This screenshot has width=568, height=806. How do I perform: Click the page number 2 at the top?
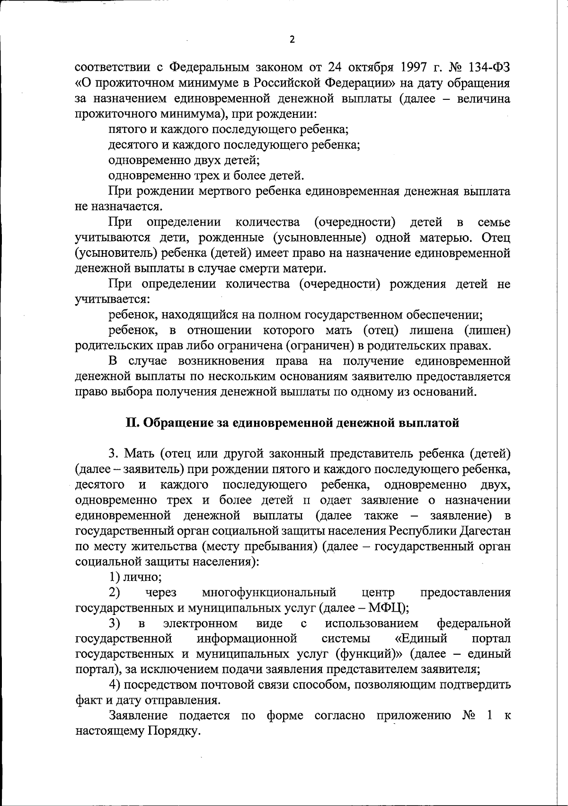coord(292,40)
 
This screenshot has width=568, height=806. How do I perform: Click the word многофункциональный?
coord(269,593)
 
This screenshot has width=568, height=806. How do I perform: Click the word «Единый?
coord(421,639)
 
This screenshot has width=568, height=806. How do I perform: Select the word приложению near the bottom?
coord(414,716)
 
